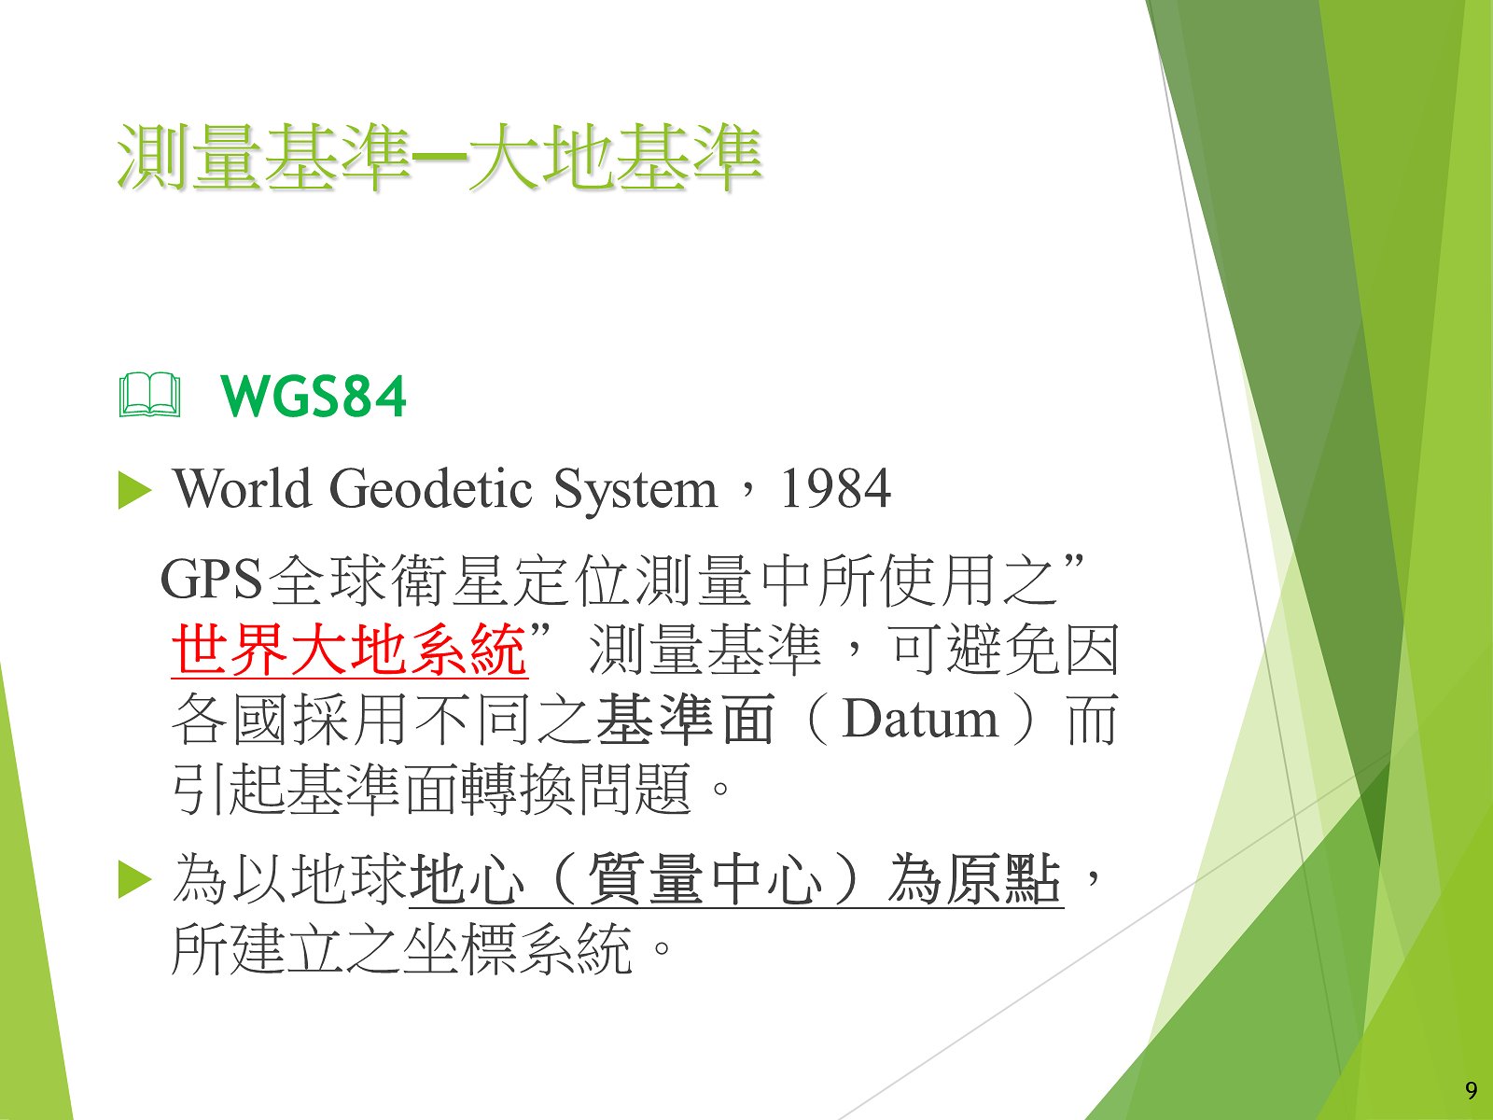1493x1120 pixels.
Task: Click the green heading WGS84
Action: coord(313,397)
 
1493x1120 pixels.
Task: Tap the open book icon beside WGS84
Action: coord(149,395)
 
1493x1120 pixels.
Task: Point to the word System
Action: coord(635,490)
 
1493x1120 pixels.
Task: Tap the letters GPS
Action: coord(212,580)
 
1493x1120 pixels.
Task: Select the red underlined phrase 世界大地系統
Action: coord(350,650)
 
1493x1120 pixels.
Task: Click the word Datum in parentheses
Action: coord(920,720)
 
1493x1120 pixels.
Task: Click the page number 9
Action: coord(1472,1091)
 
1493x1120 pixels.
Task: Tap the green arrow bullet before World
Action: coord(134,490)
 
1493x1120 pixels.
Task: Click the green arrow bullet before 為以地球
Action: coord(134,880)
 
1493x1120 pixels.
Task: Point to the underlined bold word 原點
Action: coord(1005,879)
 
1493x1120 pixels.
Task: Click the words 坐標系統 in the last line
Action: coord(517,949)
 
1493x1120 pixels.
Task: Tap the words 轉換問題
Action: coord(576,789)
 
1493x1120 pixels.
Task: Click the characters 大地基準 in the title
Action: coord(613,158)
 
